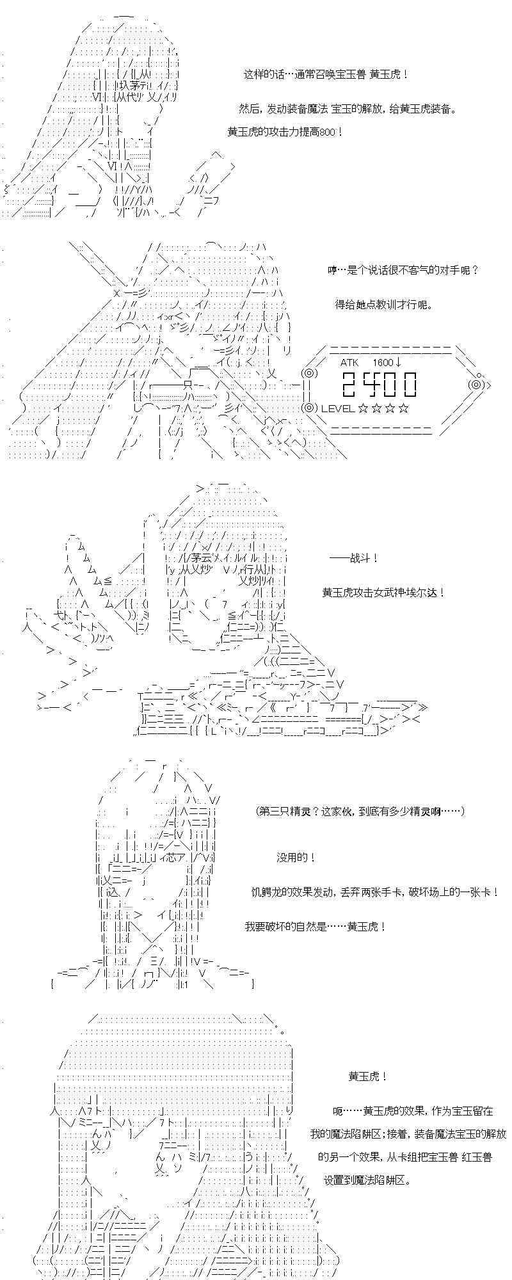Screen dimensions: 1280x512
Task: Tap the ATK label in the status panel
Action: point(350,362)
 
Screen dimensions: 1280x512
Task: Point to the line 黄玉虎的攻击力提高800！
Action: point(285,131)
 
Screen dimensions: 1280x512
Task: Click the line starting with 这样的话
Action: point(326,74)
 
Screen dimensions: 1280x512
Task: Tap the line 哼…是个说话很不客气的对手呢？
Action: point(403,270)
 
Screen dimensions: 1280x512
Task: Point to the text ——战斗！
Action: point(354,558)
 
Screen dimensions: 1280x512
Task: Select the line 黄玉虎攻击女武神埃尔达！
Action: point(383,593)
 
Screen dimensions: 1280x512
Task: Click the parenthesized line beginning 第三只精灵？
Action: point(360,812)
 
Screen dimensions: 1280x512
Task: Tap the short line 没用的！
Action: point(296,857)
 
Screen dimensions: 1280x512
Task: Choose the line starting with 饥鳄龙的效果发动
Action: point(375,892)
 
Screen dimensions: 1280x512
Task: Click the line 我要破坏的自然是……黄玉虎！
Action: point(316,926)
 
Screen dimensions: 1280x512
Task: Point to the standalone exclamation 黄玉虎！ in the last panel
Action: point(368,1076)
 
